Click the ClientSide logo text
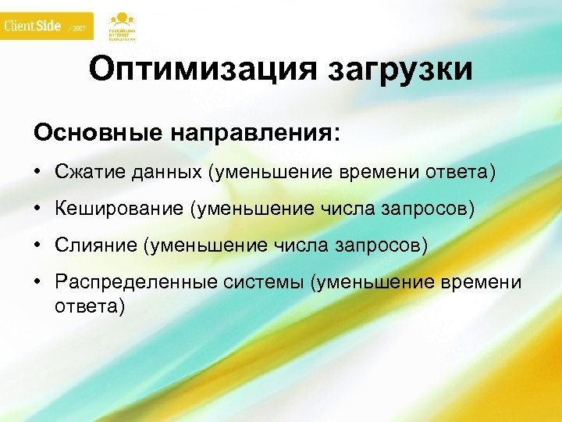click(x=33, y=26)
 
